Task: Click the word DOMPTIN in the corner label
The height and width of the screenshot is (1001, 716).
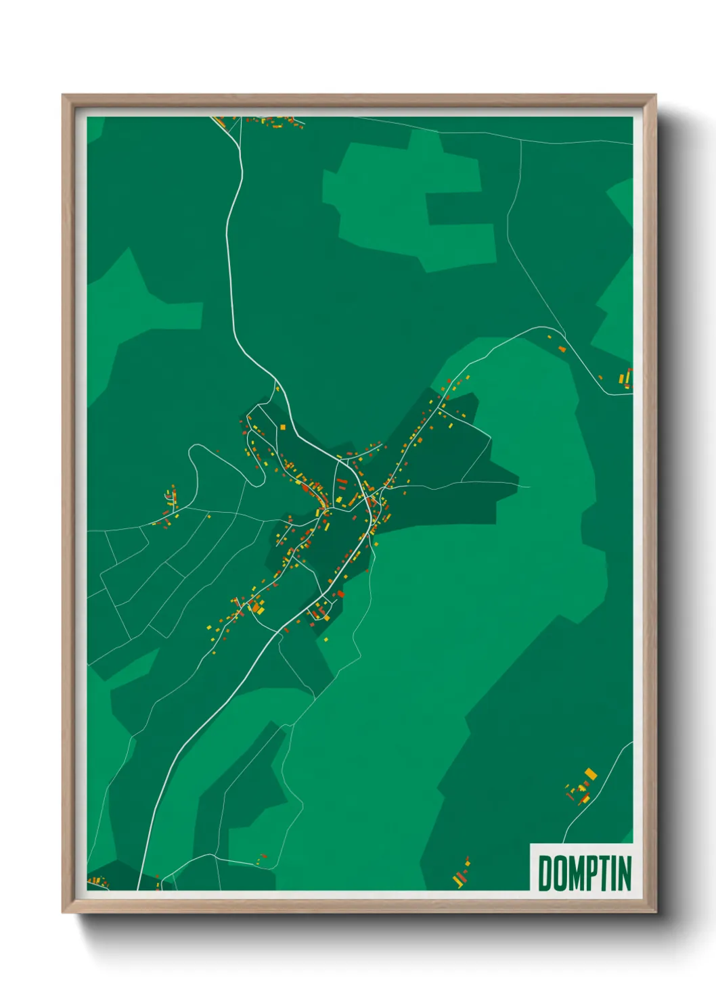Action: point(585,873)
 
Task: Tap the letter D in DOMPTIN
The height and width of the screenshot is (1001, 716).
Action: point(544,873)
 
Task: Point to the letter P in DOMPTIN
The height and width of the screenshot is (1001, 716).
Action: point(591,873)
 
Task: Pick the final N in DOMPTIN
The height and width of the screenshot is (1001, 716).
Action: point(624,873)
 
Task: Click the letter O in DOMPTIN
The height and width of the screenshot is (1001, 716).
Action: point(558,873)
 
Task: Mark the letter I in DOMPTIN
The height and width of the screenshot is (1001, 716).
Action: point(612,873)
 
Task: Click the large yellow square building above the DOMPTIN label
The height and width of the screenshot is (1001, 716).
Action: point(590,773)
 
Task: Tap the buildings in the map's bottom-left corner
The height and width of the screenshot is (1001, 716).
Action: point(97,881)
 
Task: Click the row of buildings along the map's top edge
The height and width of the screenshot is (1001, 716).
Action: point(274,122)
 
